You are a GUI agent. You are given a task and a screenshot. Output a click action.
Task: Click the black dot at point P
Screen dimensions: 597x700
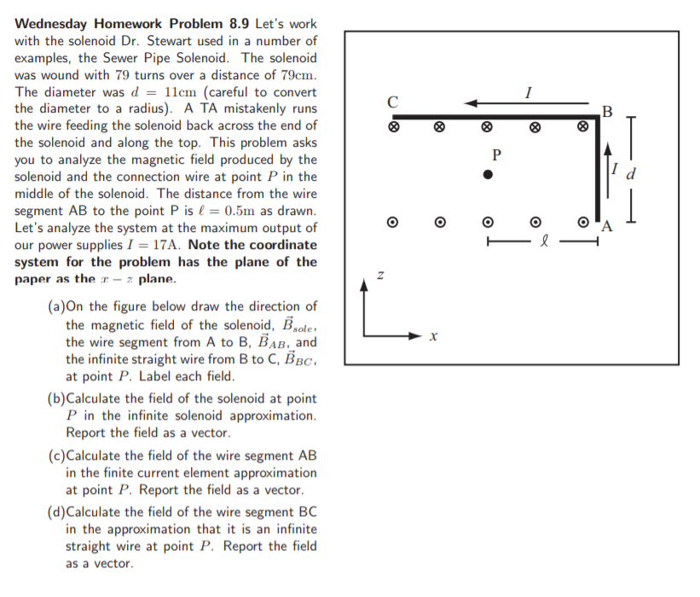tap(488, 174)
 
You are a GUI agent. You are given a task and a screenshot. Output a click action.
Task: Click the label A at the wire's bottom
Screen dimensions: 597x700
tap(606, 227)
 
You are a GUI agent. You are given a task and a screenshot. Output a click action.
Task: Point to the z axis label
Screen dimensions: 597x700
tap(381, 276)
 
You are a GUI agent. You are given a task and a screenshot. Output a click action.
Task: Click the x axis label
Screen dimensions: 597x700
tap(433, 338)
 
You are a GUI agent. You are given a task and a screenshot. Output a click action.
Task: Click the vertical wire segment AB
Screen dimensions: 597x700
tap(598, 171)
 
